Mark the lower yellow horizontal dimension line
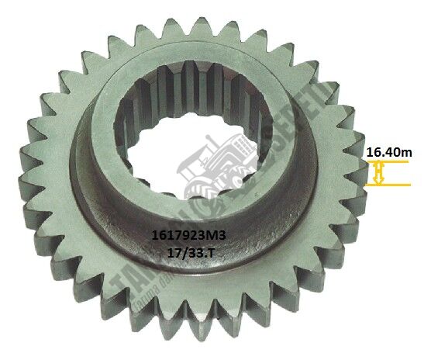[391, 185]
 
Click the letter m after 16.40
[411, 154]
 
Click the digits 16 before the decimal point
[373, 154]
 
